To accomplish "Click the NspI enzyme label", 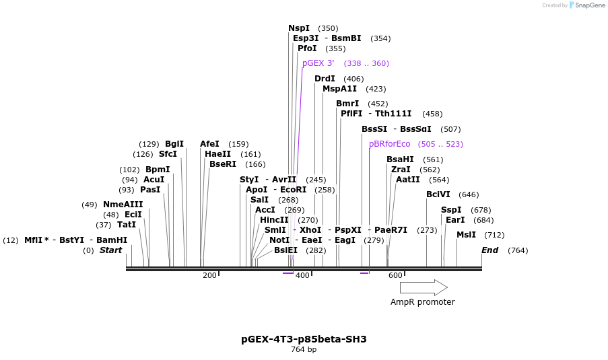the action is pos(299,28).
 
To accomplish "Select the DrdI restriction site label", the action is pos(325,79).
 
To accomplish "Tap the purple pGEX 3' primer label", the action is pos(318,63).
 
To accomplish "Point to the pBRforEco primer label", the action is pos(389,144).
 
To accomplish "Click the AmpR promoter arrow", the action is pos(424,287).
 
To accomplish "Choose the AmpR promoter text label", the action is pos(423,302).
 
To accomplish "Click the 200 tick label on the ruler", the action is pos(209,275).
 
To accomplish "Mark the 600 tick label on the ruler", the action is pos(395,275).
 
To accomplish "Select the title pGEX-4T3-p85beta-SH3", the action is pos(304,339).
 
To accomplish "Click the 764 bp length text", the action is pos(304,349).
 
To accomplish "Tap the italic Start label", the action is pos(110,250).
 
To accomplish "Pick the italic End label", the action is pos(489,250).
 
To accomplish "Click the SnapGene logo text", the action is pos(590,5).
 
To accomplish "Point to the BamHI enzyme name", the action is pos(112,240).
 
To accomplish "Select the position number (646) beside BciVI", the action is pos(469,194).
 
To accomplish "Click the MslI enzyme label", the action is pos(466,235).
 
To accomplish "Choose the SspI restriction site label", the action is pos(451,210).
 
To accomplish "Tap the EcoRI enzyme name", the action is pos(293,190).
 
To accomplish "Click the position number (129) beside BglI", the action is pos(149,144).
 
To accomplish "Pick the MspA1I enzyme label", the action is pos(339,89).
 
